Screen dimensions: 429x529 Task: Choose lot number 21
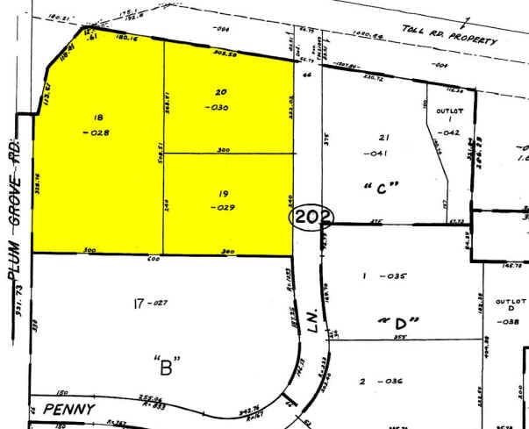tap(382, 139)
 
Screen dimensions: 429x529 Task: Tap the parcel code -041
tap(382, 154)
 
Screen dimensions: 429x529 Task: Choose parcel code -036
tap(387, 381)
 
